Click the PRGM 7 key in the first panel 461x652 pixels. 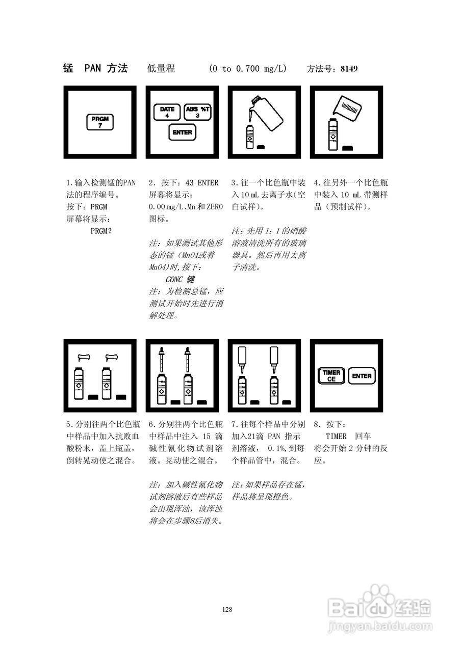100,122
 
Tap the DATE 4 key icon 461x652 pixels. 167,112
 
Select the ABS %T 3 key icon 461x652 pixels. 198,112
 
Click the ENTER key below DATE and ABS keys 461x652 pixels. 182,132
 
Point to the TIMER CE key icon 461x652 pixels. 331,376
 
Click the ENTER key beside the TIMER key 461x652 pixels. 362,376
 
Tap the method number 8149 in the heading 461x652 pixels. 349,69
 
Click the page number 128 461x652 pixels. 227,609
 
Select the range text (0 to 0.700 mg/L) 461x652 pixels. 248,69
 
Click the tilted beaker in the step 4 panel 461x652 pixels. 347,107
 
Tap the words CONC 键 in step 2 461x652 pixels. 180,279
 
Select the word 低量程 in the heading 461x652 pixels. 161,69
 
